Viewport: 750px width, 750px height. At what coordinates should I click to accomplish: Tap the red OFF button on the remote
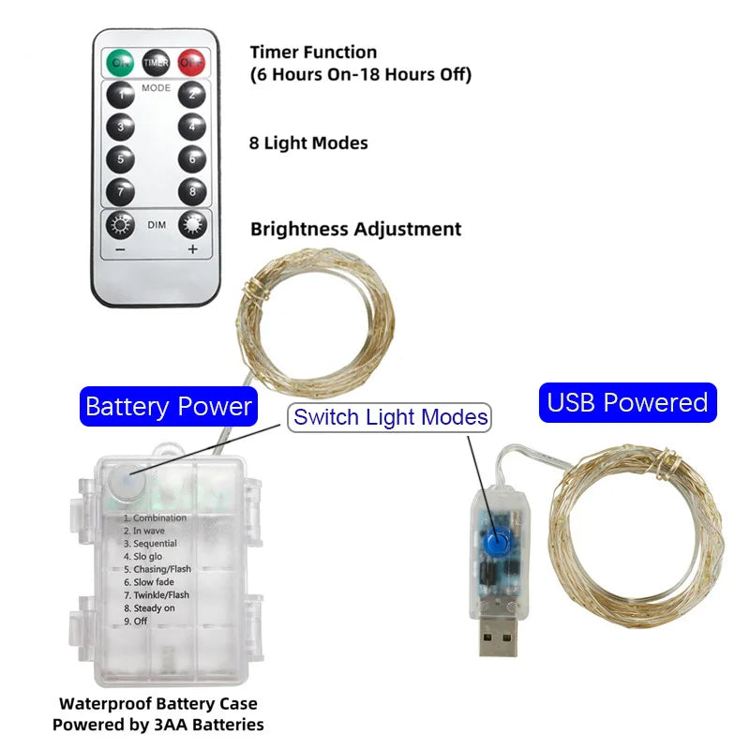[x=191, y=63]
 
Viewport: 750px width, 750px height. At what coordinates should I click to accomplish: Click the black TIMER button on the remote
[x=156, y=63]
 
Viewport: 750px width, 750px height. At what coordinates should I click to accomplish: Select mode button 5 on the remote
[x=120, y=159]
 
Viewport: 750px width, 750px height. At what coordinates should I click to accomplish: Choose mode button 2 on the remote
[x=192, y=95]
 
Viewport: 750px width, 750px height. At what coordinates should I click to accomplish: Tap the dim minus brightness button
[x=120, y=225]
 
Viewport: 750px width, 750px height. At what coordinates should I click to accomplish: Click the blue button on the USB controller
[x=497, y=543]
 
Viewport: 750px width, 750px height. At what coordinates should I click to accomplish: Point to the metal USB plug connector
[x=498, y=637]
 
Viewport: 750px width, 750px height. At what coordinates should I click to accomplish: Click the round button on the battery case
[x=127, y=484]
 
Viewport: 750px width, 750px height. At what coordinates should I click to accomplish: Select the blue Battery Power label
[x=169, y=407]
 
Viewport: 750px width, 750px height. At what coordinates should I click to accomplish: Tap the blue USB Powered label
[x=627, y=403]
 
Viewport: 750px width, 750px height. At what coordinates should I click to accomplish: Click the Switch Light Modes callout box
[x=389, y=417]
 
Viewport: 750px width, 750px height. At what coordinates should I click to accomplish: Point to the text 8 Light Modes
[x=308, y=143]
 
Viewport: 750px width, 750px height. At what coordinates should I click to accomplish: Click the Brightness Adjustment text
[x=356, y=229]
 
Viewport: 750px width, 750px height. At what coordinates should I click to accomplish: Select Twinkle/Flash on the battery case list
[x=157, y=595]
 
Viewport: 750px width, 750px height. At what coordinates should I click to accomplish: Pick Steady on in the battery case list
[x=149, y=607]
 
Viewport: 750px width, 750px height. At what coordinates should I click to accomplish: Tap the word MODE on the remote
[x=156, y=88]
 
